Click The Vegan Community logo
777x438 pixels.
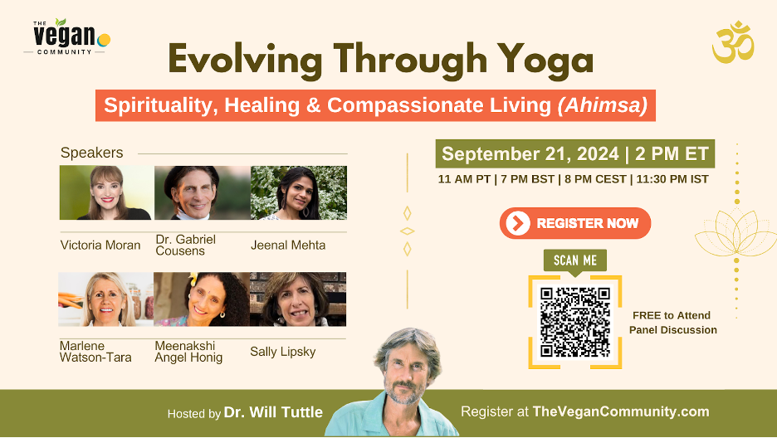pos(67,36)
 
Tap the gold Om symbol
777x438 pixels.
pos(733,42)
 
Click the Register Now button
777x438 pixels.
pos(574,223)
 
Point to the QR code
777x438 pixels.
pos(574,322)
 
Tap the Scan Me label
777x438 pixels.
pos(574,260)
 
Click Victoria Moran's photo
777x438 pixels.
pos(106,192)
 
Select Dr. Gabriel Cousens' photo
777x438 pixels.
pos(203,192)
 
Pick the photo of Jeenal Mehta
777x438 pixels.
pos(299,192)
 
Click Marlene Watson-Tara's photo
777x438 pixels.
pos(105,299)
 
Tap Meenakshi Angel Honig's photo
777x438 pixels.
pos(202,299)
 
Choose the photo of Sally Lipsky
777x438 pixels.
pos(298,299)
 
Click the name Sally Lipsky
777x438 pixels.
pos(283,352)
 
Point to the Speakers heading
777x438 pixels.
pos(91,153)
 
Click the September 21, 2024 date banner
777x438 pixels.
pos(574,154)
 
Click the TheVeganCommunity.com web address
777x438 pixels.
pos(621,411)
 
